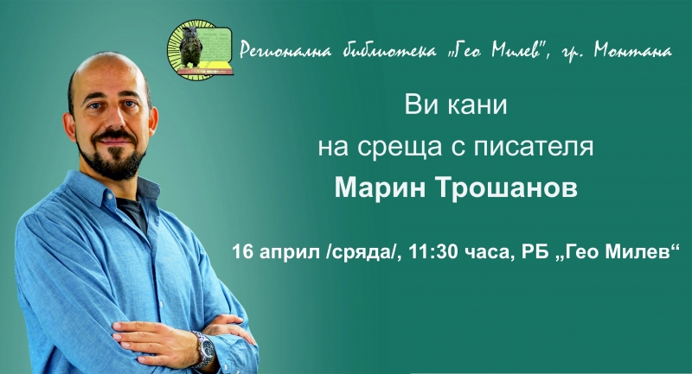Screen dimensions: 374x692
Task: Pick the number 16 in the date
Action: click(x=243, y=252)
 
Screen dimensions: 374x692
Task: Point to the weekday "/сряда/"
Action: click(x=359, y=253)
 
